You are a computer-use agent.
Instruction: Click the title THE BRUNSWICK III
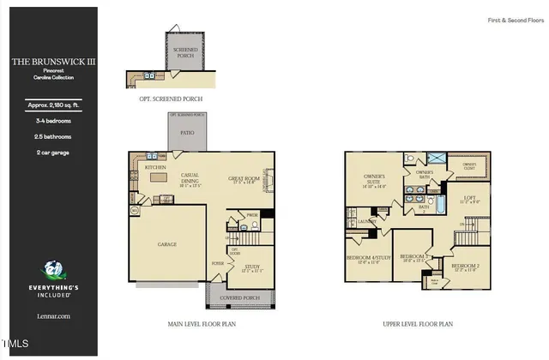coord(49,62)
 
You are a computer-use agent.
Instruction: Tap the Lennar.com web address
coord(49,316)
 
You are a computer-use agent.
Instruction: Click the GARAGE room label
coord(166,244)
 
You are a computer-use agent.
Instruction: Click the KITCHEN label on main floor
coord(155,167)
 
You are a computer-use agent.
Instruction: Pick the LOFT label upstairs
coord(469,197)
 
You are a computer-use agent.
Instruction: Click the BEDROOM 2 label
coord(466,264)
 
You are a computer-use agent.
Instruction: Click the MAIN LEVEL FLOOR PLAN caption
coord(203,325)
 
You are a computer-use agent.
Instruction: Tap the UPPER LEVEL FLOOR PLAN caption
coord(419,325)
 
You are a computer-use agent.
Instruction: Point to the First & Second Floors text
coord(510,18)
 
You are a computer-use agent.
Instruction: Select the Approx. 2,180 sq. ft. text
coord(49,105)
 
